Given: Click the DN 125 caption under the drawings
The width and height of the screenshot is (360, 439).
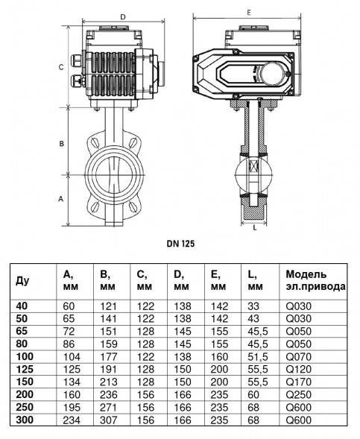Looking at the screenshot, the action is tap(180, 244).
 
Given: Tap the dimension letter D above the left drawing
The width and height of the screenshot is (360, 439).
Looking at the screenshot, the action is tap(123, 17).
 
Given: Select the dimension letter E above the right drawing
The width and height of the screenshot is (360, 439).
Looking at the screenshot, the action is tap(249, 13).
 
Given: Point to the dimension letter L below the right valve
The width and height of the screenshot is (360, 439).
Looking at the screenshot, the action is tap(255, 228).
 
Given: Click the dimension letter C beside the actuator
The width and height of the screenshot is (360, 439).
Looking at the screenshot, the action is tap(61, 68).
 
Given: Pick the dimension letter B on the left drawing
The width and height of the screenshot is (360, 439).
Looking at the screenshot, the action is tap(61, 144).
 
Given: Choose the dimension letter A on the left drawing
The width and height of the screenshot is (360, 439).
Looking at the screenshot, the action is tap(61, 199).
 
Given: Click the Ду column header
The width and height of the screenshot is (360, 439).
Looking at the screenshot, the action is tap(22, 280).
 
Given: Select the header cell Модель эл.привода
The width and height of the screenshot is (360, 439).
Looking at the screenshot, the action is tap(315, 280).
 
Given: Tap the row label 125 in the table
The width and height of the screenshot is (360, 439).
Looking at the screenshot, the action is tap(25, 369).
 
